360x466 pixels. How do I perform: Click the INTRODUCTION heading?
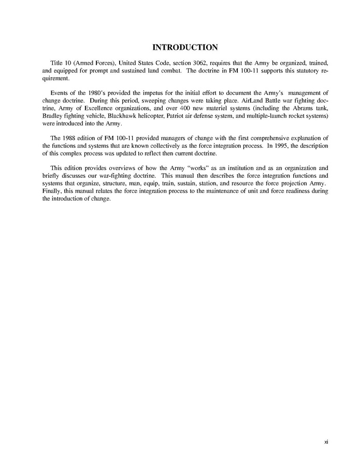pos(185,48)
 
